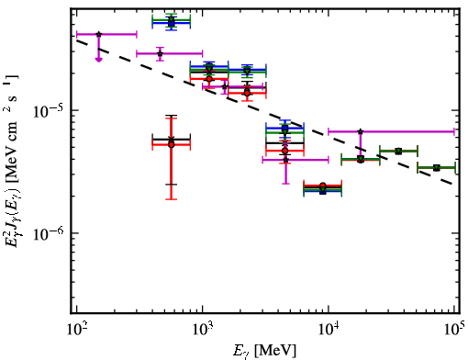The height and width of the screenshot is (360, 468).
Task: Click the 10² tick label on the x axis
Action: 77,330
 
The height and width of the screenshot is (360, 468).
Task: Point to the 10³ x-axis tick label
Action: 203,330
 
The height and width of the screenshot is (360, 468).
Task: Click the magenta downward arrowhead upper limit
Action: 98,60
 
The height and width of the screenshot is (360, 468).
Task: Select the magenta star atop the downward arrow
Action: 98,34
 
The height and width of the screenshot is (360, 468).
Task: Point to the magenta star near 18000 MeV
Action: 361,131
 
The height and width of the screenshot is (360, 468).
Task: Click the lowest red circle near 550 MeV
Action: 172,144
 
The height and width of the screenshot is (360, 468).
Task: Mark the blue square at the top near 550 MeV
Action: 172,23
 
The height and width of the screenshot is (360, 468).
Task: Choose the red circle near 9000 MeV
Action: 322,186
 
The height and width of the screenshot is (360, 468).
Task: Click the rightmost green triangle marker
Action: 437,168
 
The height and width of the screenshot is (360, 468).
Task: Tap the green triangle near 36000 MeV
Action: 398,152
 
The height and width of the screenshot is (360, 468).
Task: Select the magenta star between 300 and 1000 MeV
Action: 160,54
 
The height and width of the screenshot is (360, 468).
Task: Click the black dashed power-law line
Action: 264,112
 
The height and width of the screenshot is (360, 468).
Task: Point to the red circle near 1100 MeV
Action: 209,79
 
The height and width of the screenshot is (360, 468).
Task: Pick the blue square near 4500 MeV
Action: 285,128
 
